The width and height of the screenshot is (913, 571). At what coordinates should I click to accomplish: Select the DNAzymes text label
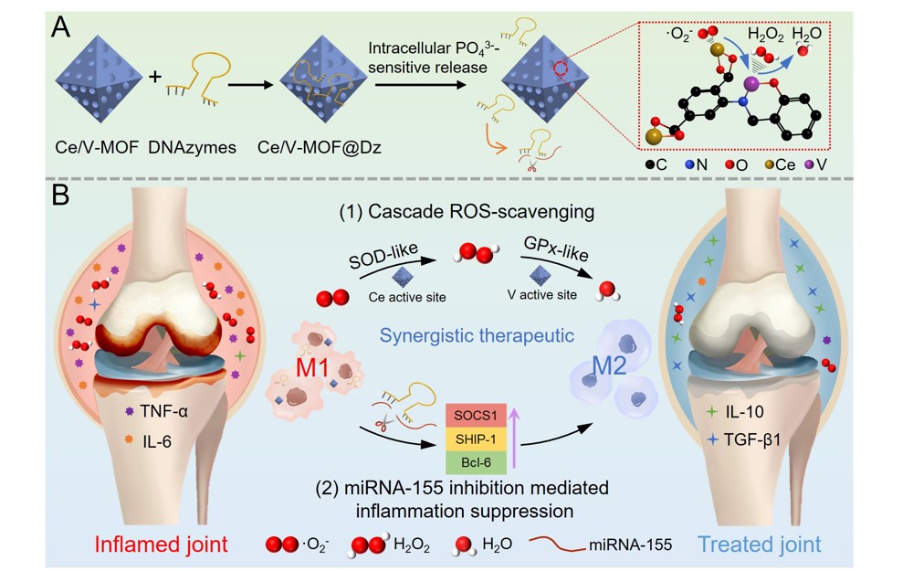[x=202, y=146]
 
